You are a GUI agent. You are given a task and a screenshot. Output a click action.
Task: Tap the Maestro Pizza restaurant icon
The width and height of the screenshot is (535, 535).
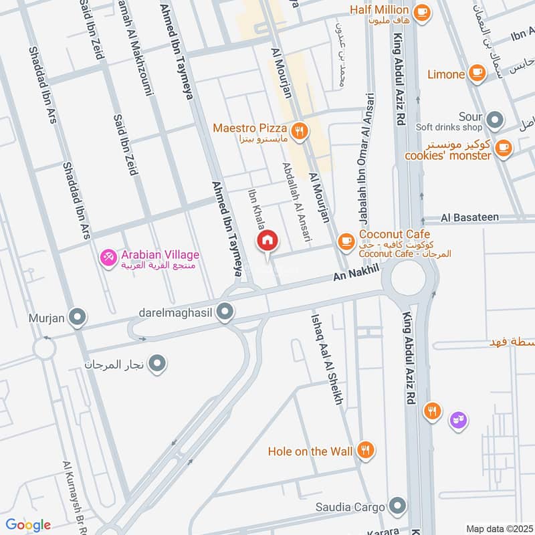click(300, 131)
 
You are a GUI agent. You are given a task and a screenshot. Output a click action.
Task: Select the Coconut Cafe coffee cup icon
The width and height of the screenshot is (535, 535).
click(346, 240)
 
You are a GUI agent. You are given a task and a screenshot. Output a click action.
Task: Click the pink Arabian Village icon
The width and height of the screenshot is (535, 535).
click(107, 256)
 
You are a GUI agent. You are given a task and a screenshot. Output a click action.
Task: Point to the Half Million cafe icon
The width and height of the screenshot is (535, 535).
click(421, 11)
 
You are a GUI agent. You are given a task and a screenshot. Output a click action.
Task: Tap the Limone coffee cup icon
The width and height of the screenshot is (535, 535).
click(477, 72)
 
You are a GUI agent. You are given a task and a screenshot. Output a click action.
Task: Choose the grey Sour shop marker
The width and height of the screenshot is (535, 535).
click(495, 120)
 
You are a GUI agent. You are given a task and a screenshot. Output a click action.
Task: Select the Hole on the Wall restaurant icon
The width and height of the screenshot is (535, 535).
click(365, 451)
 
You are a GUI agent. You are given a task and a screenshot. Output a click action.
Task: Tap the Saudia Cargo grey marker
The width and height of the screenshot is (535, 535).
click(398, 506)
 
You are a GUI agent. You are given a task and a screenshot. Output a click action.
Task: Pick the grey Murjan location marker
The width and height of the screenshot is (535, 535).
click(78, 318)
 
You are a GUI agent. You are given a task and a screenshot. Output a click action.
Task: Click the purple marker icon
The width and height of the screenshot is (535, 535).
click(458, 420)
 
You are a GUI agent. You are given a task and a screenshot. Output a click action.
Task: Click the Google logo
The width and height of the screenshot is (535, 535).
click(27, 525)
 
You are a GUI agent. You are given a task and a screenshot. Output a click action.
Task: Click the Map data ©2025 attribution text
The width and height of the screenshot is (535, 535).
click(498, 528)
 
